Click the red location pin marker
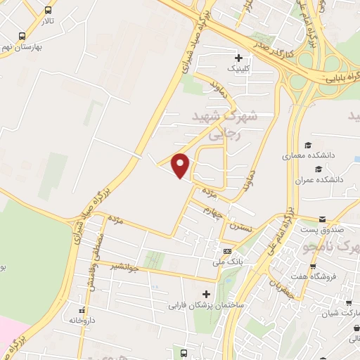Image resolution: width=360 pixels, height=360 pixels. (181, 165)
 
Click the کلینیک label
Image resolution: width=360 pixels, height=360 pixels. (238, 70)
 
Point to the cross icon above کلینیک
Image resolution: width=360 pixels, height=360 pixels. (238, 58)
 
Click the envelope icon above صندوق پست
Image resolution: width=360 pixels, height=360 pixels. (322, 219)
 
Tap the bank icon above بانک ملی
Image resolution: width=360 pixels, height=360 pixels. (227, 251)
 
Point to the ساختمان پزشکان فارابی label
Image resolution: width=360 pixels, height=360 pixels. (205, 307)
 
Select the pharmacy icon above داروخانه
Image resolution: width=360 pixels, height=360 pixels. (82, 309)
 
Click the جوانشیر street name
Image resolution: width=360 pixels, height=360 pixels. (125, 267)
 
